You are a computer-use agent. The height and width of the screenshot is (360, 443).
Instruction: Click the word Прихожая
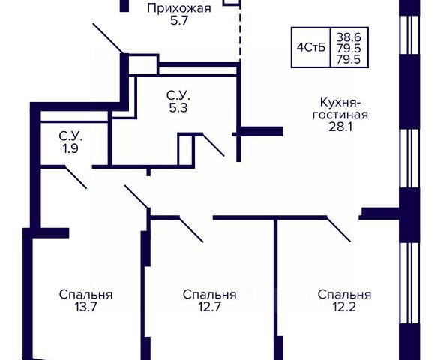click(x=179, y=8)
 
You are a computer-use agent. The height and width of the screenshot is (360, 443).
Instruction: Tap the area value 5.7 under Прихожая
click(x=179, y=21)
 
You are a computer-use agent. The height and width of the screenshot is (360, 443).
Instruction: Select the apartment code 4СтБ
click(x=311, y=47)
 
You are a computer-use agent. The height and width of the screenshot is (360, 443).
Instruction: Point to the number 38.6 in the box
click(x=349, y=37)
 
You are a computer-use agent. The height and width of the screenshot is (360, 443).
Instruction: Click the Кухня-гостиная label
click(x=340, y=109)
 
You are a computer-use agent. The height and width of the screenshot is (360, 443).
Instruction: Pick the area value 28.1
click(x=340, y=127)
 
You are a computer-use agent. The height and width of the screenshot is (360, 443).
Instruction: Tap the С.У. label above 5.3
click(x=178, y=95)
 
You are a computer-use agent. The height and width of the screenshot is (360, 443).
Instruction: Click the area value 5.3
click(x=178, y=108)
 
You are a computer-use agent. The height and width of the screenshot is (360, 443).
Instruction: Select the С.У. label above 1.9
click(x=70, y=136)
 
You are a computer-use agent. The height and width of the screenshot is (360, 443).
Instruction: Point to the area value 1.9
click(x=70, y=148)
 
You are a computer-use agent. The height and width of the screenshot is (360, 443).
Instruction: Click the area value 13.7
click(x=86, y=307)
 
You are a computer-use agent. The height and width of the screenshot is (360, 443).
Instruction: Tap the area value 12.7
click(x=209, y=307)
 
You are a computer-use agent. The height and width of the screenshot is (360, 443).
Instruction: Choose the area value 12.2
click(x=344, y=307)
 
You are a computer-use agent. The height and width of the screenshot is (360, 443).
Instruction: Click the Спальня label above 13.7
click(x=86, y=295)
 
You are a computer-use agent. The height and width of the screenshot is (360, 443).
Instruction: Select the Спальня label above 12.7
click(x=209, y=295)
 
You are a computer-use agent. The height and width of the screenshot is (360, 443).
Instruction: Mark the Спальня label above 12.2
click(x=344, y=295)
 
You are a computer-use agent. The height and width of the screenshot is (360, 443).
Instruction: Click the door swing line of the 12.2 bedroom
click(x=339, y=229)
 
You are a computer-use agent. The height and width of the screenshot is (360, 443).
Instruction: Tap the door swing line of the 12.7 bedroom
click(x=191, y=229)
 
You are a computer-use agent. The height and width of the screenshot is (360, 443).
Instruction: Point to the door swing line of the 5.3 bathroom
click(x=214, y=145)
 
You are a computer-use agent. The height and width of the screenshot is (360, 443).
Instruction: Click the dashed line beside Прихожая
click(x=240, y=31)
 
